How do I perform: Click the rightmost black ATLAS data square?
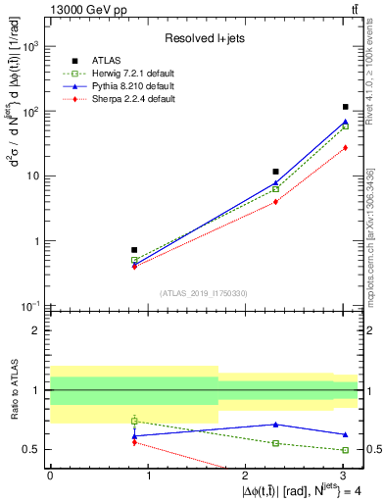pos(346,107)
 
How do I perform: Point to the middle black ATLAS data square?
pos(276,172)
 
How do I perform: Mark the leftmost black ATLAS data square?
pos(134,250)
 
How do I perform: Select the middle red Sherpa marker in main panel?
pos(276,202)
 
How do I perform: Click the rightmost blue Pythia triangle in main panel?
pos(346,122)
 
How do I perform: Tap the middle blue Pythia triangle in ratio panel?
pos(276,425)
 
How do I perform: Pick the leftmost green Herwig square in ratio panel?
pos(134,421)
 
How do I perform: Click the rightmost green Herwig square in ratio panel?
pos(346,450)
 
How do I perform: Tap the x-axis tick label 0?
pos(50,475)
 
